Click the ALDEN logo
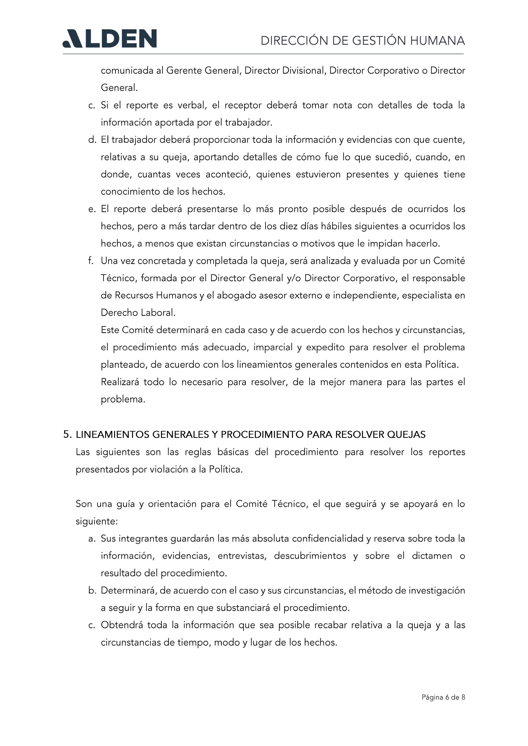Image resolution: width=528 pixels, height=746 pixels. tap(110, 39)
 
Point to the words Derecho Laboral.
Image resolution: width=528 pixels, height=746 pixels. tap(138, 313)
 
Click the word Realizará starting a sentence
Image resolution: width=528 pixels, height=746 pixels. tap(120, 382)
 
